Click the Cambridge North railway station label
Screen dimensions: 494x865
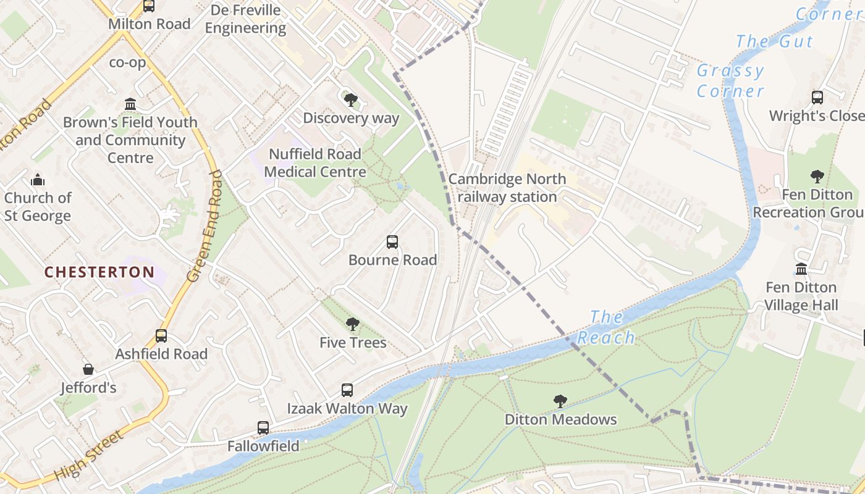[507, 188]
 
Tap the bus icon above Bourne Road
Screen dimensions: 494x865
[392, 241]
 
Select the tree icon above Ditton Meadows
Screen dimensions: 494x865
[560, 401]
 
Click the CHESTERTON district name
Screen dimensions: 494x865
[99, 272]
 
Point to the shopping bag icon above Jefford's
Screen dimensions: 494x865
[88, 369]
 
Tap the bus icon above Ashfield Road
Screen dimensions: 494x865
[161, 336]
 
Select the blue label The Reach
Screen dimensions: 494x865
[607, 327]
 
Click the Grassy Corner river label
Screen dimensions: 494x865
[730, 81]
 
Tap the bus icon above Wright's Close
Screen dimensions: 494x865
[817, 98]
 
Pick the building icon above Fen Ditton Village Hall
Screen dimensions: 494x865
[801, 269]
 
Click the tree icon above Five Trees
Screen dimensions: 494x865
[353, 324]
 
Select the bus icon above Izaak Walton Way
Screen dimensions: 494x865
[347, 390]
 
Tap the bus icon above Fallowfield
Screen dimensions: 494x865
[263, 427]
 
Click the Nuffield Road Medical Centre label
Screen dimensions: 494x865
[315, 162]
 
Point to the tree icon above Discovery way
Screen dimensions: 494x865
[350, 99]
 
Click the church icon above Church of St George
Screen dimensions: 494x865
[38, 180]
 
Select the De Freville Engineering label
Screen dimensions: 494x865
[245, 19]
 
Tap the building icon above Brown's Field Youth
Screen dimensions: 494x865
[130, 104]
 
